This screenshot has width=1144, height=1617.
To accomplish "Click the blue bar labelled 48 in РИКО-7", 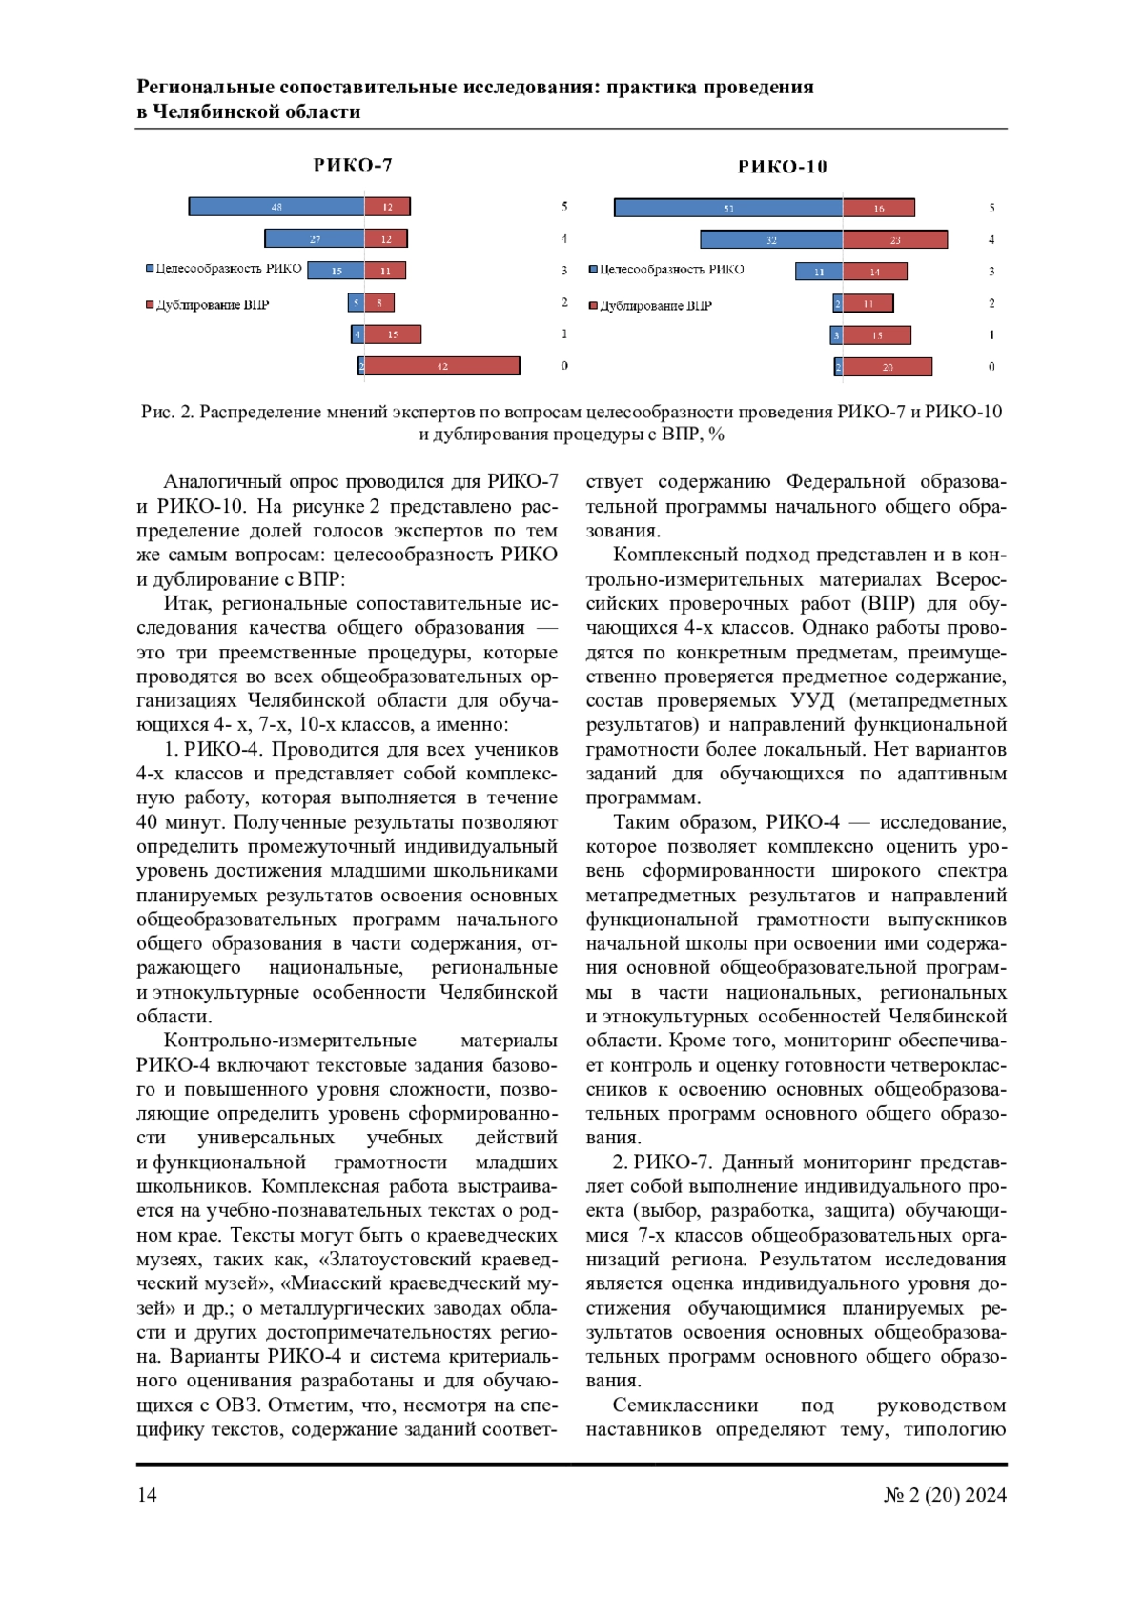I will click(x=276, y=207).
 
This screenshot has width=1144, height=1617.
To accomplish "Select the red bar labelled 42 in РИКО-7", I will click(x=442, y=366).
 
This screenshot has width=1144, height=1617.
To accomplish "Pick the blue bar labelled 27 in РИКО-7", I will click(x=315, y=239).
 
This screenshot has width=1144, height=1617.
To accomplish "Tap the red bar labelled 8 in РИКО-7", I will click(x=379, y=303).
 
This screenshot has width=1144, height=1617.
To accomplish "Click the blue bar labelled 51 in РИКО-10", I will click(x=728, y=208).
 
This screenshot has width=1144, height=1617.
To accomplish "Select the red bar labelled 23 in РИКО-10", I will click(x=895, y=240).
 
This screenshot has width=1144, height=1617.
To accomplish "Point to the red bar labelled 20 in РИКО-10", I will click(x=888, y=367).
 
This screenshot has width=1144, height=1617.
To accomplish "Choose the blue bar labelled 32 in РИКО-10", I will click(x=771, y=240).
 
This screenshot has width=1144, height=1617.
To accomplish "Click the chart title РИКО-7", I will click(x=353, y=166).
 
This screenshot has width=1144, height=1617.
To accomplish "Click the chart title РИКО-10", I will click(x=783, y=168).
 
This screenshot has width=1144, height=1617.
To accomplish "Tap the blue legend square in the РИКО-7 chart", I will click(x=150, y=269).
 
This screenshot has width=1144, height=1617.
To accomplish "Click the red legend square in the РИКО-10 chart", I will click(x=594, y=306).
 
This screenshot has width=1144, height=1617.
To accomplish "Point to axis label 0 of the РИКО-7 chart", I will click(x=564, y=366).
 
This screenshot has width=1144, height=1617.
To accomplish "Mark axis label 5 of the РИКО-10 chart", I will click(x=991, y=208).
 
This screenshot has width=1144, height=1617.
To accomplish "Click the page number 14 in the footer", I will click(x=147, y=1495).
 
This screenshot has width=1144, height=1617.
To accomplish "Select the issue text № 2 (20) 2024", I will click(x=944, y=1495).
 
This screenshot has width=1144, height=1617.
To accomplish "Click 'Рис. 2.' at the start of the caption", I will click(x=168, y=413).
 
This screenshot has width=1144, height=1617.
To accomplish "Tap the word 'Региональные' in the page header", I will click(x=204, y=88).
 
